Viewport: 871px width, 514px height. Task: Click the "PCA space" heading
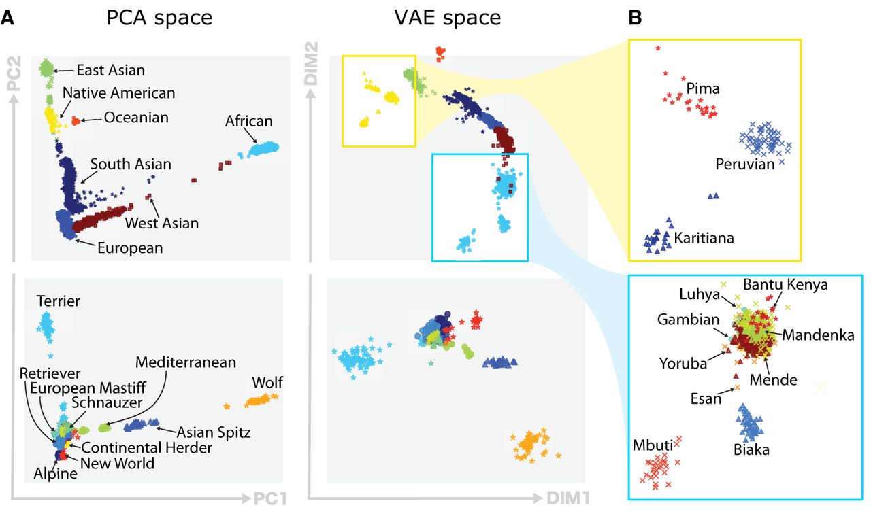pyautogui.click(x=159, y=18)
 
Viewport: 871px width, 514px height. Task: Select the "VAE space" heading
pyautogui.click(x=448, y=18)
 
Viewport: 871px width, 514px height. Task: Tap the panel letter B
pyautogui.click(x=634, y=18)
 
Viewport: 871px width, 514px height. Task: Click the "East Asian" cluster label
pyautogui.click(x=110, y=70)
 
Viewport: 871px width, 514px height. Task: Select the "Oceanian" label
pyautogui.click(x=136, y=118)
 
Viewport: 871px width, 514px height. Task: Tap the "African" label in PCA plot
pyautogui.click(x=249, y=122)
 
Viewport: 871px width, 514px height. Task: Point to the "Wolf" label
pyautogui.click(x=267, y=382)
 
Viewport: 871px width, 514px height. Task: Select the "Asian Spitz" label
pyautogui.click(x=214, y=432)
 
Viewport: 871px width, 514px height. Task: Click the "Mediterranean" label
pyautogui.click(x=185, y=362)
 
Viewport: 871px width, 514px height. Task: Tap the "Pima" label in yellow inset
pyautogui.click(x=703, y=88)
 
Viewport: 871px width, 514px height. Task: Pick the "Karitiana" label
pyautogui.click(x=704, y=239)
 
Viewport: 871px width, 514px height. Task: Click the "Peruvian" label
pyautogui.click(x=745, y=165)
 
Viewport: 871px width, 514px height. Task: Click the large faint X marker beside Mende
pyautogui.click(x=819, y=388)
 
